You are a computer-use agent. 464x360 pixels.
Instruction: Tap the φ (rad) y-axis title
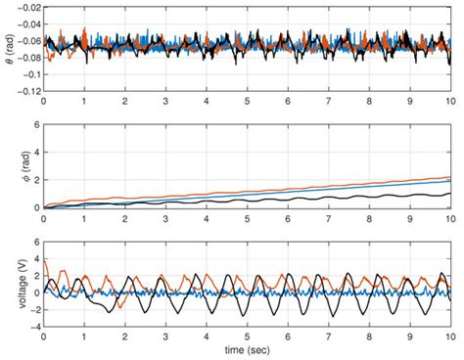pyautogui.click(x=10, y=167)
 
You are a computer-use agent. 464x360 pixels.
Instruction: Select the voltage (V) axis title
pyautogui.click(x=10, y=285)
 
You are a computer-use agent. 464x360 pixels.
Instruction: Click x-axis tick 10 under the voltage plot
pyautogui.click(x=449, y=337)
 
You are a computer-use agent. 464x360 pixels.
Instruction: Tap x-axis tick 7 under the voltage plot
pyautogui.click(x=328, y=337)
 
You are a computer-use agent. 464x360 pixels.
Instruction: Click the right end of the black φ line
pyautogui.click(x=449, y=194)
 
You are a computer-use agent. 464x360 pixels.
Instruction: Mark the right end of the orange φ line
pyautogui.click(x=449, y=177)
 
